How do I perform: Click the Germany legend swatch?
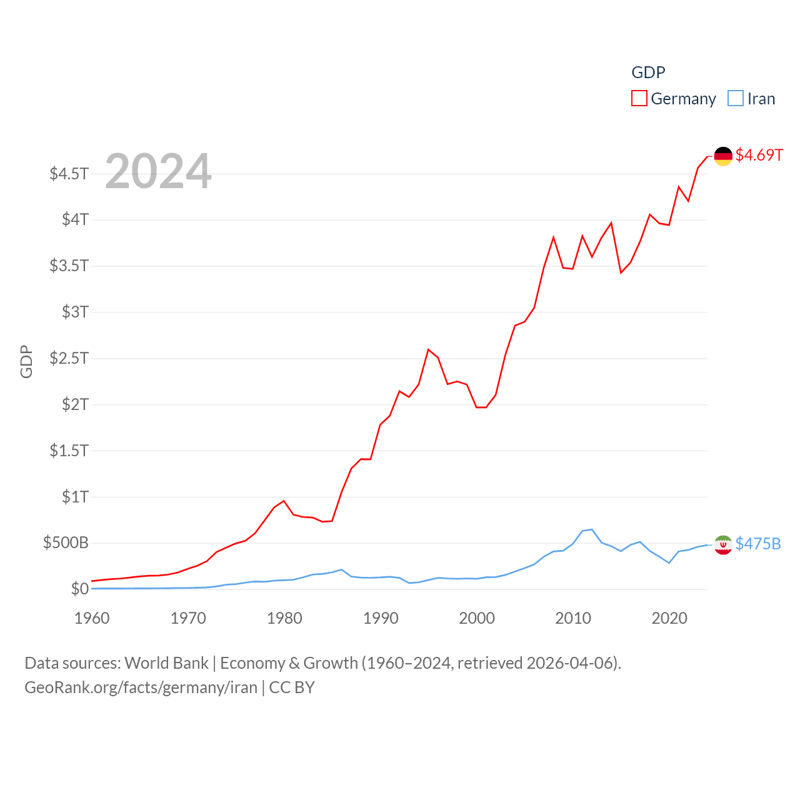[x=639, y=99]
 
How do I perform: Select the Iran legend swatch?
[x=736, y=99]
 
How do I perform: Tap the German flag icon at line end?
[x=723, y=156]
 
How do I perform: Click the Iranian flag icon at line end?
[x=723, y=545]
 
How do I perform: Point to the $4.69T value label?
[x=759, y=155]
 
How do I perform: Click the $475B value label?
[x=758, y=544]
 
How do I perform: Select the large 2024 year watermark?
[x=158, y=171]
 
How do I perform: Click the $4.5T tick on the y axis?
[x=69, y=173]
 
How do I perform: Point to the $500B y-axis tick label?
[x=66, y=542]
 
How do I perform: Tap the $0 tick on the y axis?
[x=79, y=589]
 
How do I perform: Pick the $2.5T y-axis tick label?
[x=69, y=358]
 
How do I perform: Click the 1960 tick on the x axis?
[x=92, y=618]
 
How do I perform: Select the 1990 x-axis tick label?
[x=381, y=618]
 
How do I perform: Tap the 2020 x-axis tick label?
[x=669, y=618]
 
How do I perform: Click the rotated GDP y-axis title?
[x=26, y=361]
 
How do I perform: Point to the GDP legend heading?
[x=648, y=72]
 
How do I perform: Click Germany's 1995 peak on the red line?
[x=428, y=349]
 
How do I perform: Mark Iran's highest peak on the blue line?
[x=591, y=529]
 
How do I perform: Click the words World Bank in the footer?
[x=166, y=663]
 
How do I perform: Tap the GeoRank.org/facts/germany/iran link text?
[x=141, y=687]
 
